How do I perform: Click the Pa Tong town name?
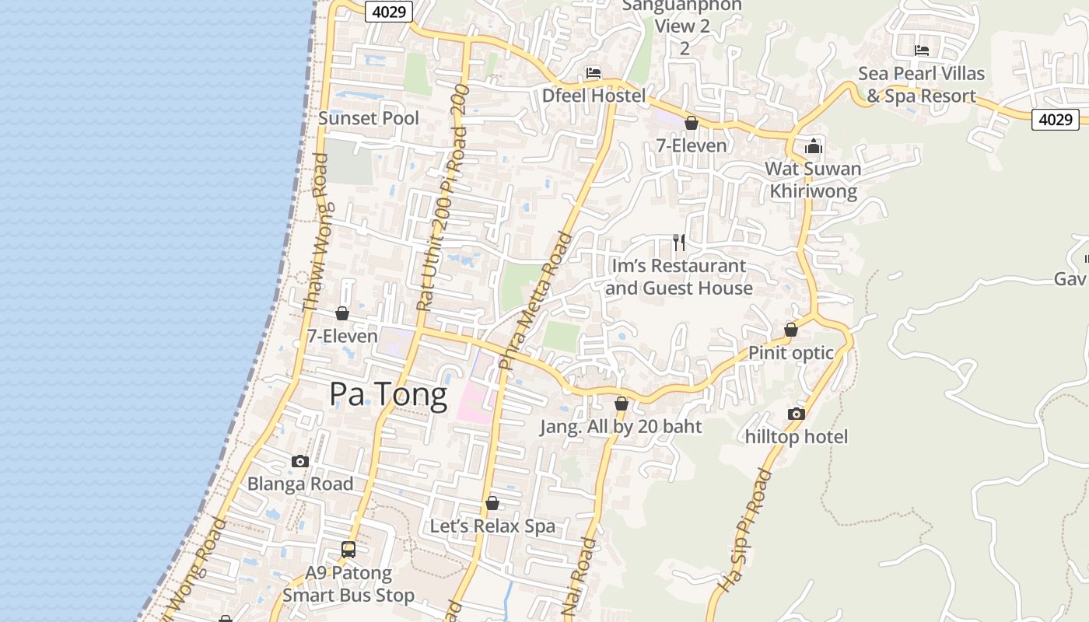pos(388,395)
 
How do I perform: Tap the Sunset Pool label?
pos(369,118)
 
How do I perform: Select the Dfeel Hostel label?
pos(594,96)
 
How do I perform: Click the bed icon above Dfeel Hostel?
pos(594,74)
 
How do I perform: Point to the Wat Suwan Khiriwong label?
pos(813,180)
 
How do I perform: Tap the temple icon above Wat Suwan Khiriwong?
pos(814,146)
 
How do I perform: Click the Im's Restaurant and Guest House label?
pos(679,277)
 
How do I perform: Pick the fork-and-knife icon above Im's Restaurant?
pos(679,243)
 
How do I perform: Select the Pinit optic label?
pos(791,353)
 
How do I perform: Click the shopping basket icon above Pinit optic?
pos(791,330)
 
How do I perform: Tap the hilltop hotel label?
pos(797,437)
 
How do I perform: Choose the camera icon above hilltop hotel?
pos(796,414)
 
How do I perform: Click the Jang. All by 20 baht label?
pos(622,427)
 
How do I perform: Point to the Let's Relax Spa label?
pos(493,526)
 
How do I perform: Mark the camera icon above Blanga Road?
pos(300,461)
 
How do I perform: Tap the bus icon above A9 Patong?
pos(348,550)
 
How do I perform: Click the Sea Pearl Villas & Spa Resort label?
pos(922,85)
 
